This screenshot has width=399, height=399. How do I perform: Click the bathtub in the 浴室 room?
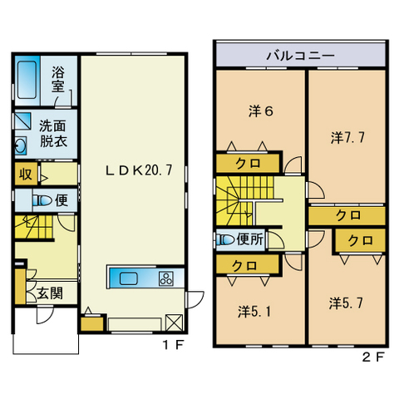(x=27, y=80)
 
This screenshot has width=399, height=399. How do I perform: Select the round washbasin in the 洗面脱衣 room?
(x=20, y=145)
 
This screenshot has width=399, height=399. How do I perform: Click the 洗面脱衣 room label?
(x=53, y=133)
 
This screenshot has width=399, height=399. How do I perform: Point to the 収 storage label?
(x=26, y=175)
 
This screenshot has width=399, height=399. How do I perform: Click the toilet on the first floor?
(x=42, y=200)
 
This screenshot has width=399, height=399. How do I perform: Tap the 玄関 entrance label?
(x=50, y=293)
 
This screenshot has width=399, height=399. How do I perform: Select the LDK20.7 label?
(x=139, y=170)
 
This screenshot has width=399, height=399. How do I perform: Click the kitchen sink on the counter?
(x=129, y=278)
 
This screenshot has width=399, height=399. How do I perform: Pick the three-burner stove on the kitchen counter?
(x=166, y=278)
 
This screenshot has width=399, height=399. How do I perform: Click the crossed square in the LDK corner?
(x=174, y=323)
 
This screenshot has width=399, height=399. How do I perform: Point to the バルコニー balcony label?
(x=301, y=56)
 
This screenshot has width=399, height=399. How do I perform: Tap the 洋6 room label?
(x=261, y=111)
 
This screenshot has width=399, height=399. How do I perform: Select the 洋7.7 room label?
(x=347, y=137)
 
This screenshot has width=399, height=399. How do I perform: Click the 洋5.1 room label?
(x=254, y=312)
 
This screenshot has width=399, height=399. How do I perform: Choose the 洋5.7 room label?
(x=346, y=303)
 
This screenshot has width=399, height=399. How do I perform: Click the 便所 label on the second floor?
(x=250, y=239)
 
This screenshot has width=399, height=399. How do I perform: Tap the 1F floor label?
(x=173, y=345)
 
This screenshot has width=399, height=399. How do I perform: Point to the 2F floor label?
(x=373, y=357)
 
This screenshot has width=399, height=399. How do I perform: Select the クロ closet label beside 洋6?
(x=248, y=164)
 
